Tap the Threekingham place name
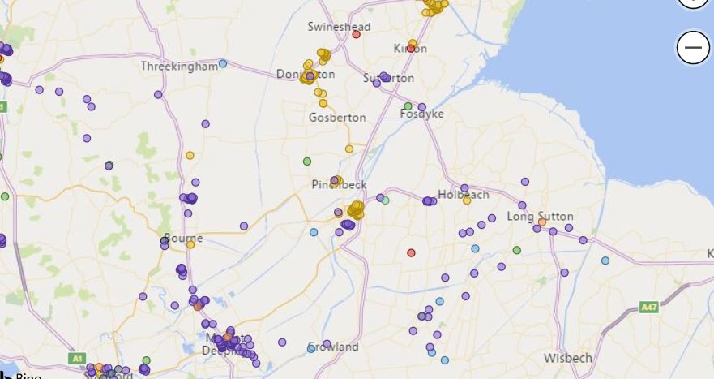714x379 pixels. (x=179, y=66)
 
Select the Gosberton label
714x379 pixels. (x=337, y=118)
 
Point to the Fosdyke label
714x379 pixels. (x=422, y=114)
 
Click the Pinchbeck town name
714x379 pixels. (x=339, y=185)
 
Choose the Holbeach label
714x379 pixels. (x=463, y=195)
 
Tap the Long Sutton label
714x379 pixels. (x=540, y=217)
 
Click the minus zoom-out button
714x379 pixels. (x=693, y=48)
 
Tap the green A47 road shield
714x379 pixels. (x=648, y=308)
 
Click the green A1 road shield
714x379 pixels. (x=77, y=358)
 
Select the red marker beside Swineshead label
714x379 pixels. (x=356, y=27)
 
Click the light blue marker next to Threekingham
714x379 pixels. (x=223, y=63)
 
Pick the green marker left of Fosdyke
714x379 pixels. (x=408, y=106)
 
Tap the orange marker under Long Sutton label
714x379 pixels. (x=541, y=222)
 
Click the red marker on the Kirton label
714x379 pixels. (x=411, y=49)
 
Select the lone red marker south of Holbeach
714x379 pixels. (x=411, y=252)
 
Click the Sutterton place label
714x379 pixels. (x=388, y=78)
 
